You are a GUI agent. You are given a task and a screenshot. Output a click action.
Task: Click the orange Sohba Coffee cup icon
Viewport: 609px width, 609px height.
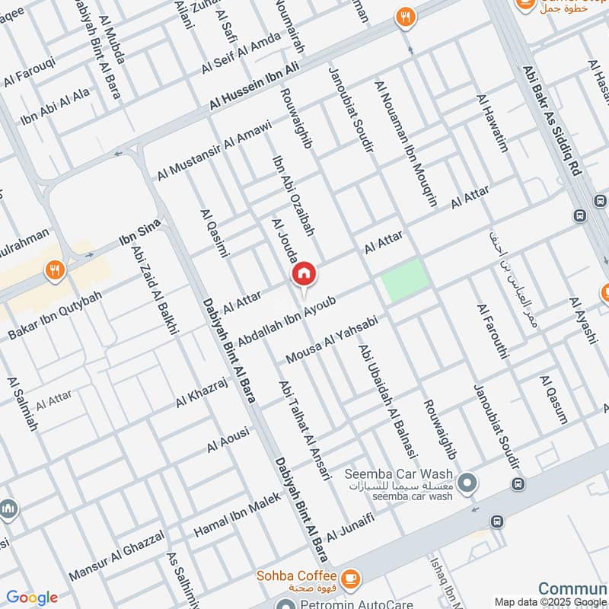coord(350,578)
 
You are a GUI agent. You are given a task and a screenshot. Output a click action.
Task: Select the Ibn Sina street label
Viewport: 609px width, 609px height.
coord(136,242)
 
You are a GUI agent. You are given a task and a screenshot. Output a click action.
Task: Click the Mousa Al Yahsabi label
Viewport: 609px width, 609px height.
coord(332,340)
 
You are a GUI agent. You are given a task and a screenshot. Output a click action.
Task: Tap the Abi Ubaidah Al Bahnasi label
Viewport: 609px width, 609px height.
coord(388,400)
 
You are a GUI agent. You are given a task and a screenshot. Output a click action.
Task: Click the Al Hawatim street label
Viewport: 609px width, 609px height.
coord(492,123)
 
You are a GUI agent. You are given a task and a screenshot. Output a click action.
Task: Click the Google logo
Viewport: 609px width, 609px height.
coord(31,598)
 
